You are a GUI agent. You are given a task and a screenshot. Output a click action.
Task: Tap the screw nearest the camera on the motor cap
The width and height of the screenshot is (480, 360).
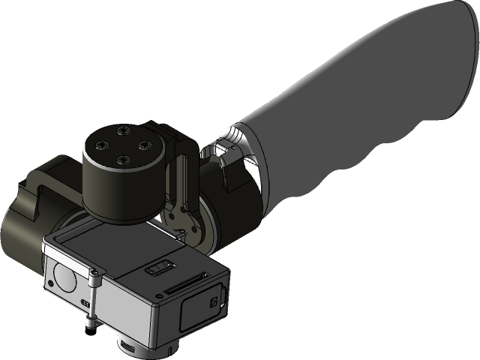tap(120, 158)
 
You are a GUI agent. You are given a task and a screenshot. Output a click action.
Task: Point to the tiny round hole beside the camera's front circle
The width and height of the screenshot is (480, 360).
tap(49, 283)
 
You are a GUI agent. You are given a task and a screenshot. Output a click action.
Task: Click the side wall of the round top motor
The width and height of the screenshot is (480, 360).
tap(120, 191)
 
